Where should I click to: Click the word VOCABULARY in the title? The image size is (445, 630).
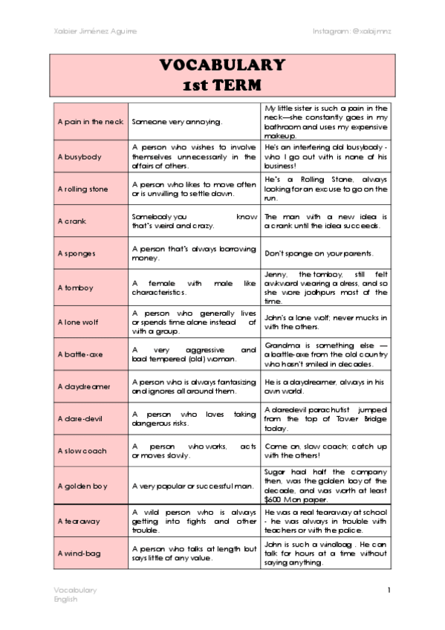click(x=222, y=65)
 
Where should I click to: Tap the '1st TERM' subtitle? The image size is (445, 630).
click(x=222, y=85)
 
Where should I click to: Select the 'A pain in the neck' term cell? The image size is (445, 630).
click(x=90, y=121)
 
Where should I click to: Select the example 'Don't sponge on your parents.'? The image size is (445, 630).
click(x=325, y=253)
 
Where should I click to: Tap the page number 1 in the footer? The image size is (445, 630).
click(x=388, y=590)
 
